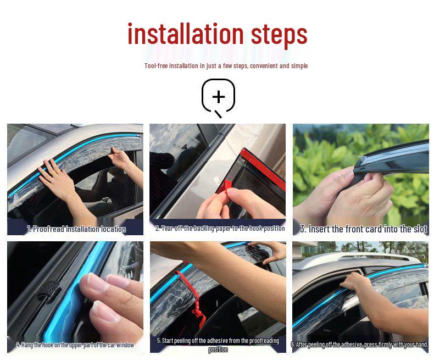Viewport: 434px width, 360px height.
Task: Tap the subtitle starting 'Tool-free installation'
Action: pos(226,66)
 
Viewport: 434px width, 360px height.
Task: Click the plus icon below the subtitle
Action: pos(219,97)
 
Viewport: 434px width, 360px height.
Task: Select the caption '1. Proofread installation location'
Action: pos(76,229)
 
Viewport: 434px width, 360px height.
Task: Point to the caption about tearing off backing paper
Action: pos(220,228)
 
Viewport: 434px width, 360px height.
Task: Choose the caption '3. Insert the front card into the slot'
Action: pos(363,229)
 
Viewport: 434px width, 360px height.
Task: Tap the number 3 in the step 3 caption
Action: pos(302,229)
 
